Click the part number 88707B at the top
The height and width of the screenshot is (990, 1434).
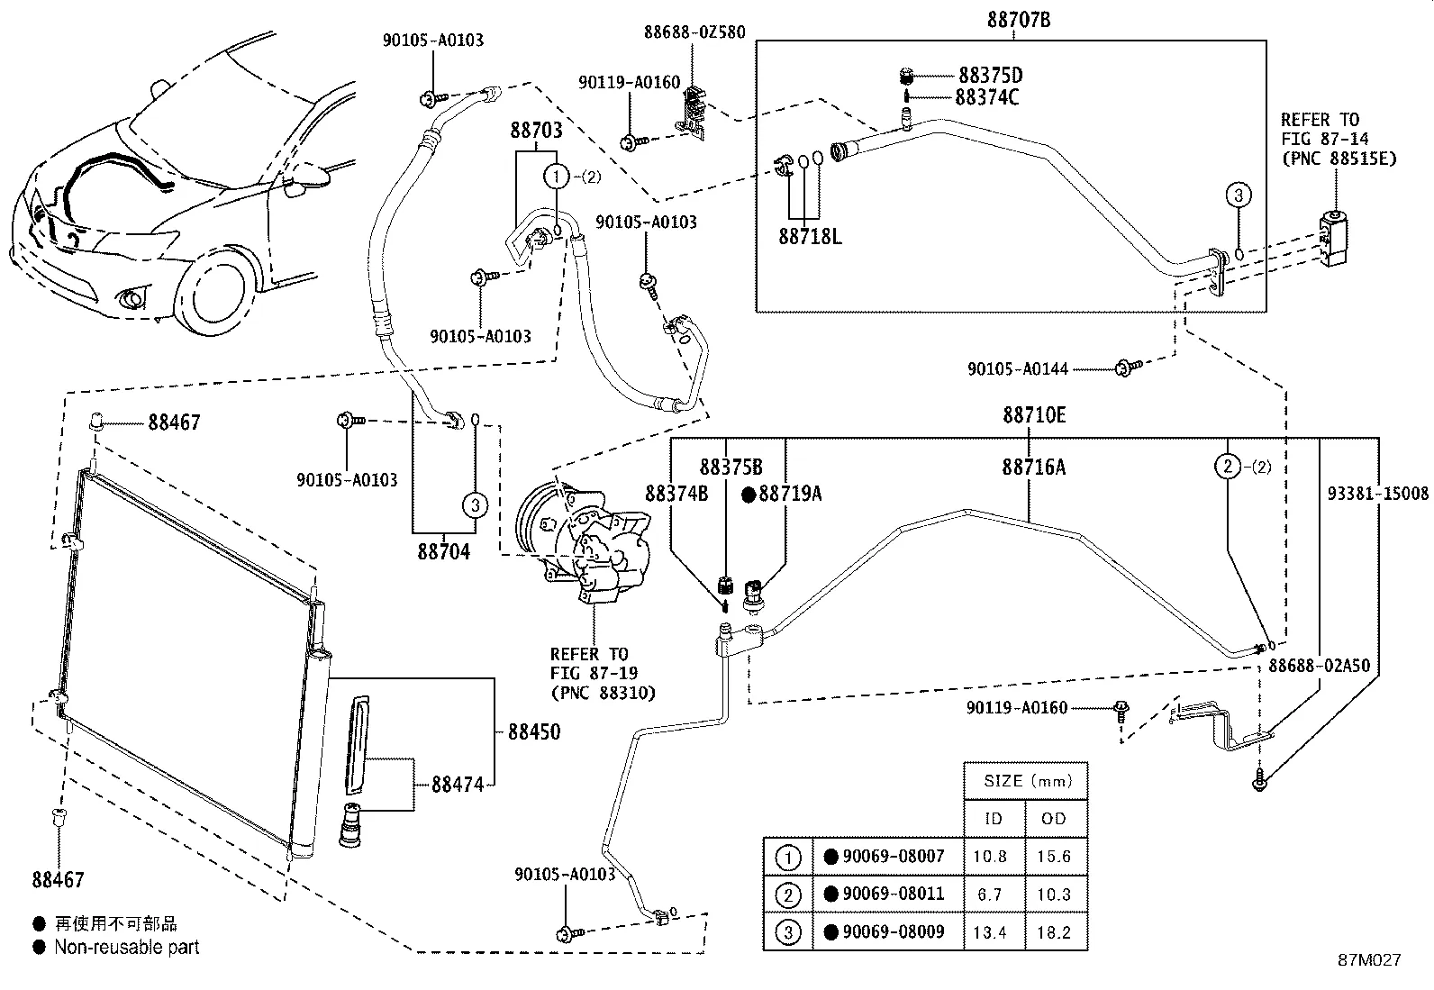click(x=1019, y=20)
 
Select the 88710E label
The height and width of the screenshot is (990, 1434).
click(x=1034, y=415)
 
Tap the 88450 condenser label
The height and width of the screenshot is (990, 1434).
click(x=533, y=731)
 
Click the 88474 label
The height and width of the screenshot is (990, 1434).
click(x=458, y=785)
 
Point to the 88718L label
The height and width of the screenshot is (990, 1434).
click(x=810, y=237)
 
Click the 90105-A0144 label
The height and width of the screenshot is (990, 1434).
click(x=1018, y=368)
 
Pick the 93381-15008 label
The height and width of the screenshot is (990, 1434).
click(x=1378, y=494)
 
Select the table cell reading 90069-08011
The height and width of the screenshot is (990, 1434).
click(x=893, y=894)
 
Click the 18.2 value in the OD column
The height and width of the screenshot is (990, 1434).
click(x=1053, y=932)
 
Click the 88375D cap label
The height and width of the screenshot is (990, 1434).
click(x=990, y=76)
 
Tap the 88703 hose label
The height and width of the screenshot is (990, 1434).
click(x=536, y=131)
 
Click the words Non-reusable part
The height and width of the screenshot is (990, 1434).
click(x=126, y=947)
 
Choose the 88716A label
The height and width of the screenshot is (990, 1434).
click(x=1033, y=467)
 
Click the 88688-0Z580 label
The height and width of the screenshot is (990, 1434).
click(x=694, y=32)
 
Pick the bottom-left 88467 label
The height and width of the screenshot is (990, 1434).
click(x=59, y=879)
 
